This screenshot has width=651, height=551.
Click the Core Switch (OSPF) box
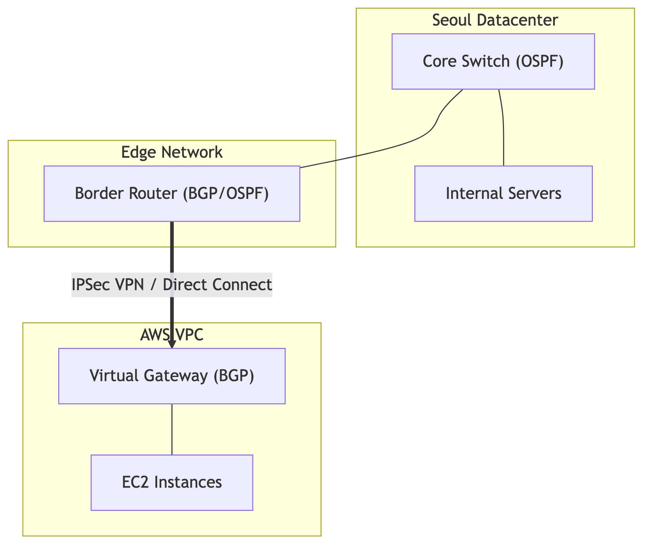493,62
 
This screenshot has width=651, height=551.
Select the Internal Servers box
503,193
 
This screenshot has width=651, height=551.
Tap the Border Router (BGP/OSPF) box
172,193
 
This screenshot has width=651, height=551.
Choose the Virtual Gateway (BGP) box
172,376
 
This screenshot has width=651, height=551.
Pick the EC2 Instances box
172,482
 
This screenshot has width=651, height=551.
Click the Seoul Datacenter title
495,20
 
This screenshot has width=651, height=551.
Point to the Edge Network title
172,152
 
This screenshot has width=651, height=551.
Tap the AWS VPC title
172,335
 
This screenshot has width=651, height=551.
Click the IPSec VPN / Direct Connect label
172,285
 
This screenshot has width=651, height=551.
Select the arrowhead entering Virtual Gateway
172,345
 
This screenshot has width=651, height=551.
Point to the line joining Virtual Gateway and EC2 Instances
172,429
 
